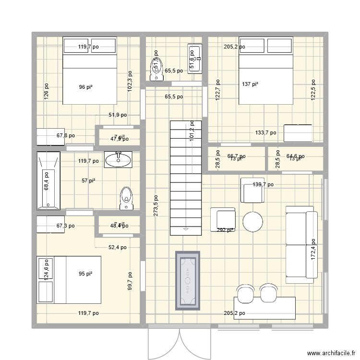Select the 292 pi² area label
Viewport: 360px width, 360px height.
[225, 230]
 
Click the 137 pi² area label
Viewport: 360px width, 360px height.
[250, 84]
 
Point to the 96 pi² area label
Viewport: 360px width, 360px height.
[85, 87]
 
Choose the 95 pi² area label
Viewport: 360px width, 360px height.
[85, 274]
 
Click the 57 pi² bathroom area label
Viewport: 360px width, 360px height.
[88, 180]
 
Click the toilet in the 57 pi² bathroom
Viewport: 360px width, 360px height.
[126, 198]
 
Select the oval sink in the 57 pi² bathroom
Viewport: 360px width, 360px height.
[118, 159]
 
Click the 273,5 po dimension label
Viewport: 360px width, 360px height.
[156, 206]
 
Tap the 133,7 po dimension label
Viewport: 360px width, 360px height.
[265, 133]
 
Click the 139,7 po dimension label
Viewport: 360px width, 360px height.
[263, 184]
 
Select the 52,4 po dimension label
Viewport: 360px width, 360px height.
[117, 248]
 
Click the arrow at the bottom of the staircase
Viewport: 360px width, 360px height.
[185, 229]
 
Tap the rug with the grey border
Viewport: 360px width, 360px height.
[186, 280]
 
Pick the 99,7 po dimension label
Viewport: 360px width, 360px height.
[130, 282]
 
